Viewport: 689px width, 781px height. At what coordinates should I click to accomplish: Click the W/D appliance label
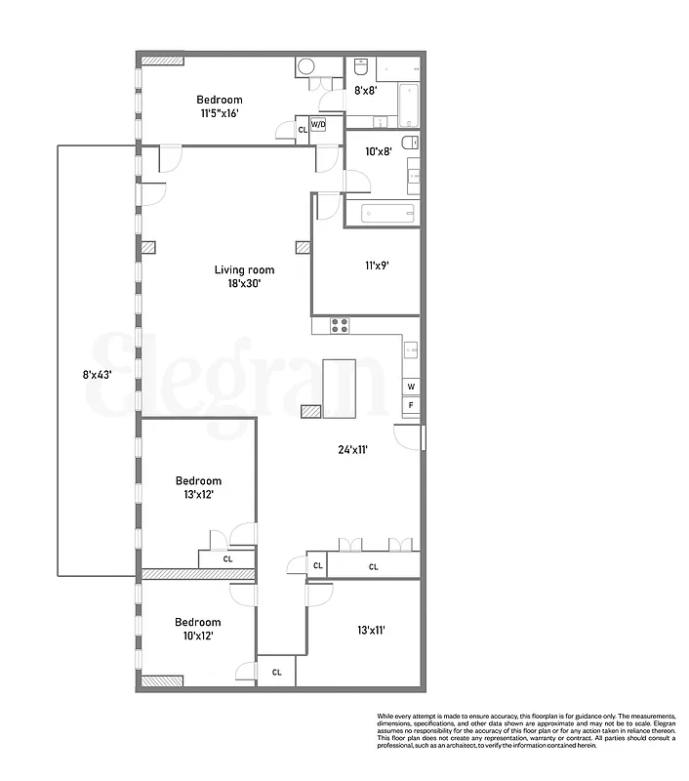(319, 125)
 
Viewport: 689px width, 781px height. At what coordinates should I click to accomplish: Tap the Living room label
(245, 270)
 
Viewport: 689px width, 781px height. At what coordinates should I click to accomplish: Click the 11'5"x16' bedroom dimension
(220, 113)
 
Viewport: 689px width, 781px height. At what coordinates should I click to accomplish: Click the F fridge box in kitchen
(411, 404)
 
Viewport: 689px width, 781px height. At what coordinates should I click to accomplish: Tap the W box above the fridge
(411, 387)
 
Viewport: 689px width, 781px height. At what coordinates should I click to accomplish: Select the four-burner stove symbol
(340, 325)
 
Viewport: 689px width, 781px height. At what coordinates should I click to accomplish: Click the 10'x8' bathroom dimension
(378, 151)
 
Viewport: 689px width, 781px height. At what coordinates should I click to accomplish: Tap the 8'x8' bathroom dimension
(365, 90)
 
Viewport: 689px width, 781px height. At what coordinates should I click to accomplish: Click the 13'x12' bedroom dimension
(197, 495)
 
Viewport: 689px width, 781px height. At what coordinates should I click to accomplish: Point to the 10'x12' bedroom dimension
(197, 636)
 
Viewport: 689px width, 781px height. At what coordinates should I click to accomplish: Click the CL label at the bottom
(276, 672)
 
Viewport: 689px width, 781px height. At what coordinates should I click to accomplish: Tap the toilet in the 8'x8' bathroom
(360, 69)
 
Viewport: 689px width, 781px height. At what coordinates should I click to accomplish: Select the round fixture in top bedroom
(306, 66)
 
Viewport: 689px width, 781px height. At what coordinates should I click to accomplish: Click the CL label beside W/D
(303, 129)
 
